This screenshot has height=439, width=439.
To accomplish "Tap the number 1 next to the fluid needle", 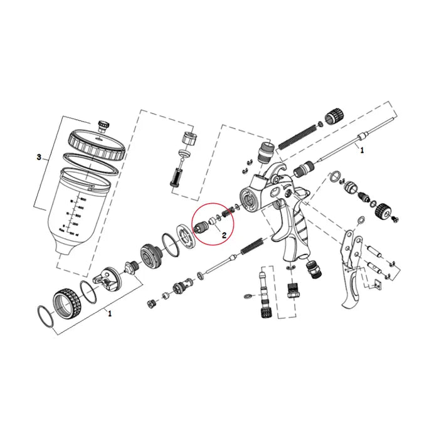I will point(361,151).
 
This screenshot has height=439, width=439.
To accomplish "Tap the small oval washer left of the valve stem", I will point(248,294).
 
